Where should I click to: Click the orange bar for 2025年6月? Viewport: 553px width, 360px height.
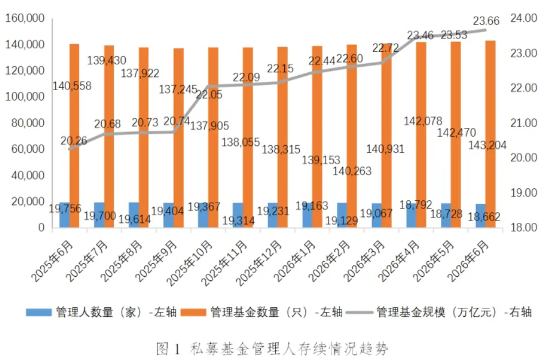(75, 136)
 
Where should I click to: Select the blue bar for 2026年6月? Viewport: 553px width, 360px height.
(480, 215)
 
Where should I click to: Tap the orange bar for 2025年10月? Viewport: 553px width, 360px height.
(213, 138)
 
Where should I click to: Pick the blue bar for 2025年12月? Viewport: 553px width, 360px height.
(273, 215)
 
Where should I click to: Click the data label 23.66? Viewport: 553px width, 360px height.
(486, 21)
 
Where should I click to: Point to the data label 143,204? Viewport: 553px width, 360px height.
(487, 145)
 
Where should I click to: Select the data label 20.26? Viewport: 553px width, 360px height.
(74, 141)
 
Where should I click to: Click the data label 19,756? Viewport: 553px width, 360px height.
(65, 208)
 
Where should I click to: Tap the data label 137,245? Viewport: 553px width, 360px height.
(178, 90)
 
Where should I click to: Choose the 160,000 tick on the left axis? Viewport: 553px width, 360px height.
(25, 18)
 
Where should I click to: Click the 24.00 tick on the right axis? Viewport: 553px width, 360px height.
(524, 18)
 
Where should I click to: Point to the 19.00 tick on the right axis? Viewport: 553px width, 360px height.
(524, 193)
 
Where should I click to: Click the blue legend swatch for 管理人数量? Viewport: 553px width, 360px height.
(39, 312)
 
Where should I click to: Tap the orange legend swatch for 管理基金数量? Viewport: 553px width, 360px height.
(194, 312)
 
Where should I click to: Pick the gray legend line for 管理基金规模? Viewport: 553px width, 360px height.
(359, 312)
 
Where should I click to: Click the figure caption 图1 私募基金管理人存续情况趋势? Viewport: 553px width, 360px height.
(272, 349)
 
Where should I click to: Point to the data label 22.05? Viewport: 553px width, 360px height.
(209, 95)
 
